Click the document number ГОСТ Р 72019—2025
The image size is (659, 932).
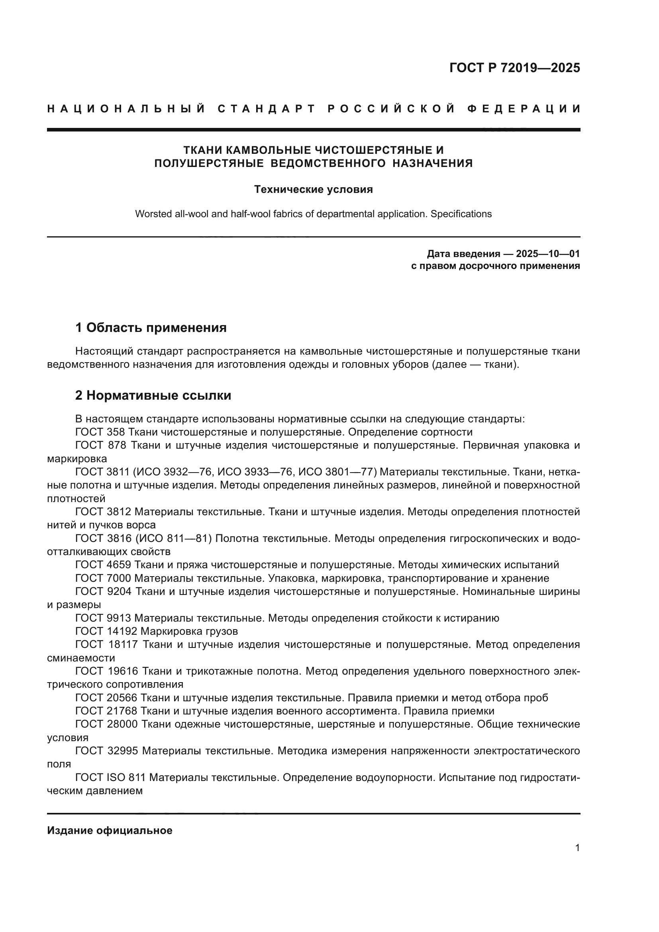514,67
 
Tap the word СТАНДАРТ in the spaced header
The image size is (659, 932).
267,109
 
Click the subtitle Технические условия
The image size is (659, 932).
313,189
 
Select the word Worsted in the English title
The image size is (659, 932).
152,214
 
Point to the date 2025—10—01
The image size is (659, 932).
548,254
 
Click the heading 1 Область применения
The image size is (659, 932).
151,327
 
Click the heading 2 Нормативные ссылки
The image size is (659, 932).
153,395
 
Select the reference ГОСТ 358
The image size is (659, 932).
100,432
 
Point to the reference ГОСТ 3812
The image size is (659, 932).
103,512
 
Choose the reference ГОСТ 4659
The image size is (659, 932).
103,565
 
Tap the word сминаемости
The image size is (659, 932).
81,658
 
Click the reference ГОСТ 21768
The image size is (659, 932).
106,711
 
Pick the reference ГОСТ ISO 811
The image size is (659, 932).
110,777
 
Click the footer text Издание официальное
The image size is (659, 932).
110,830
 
